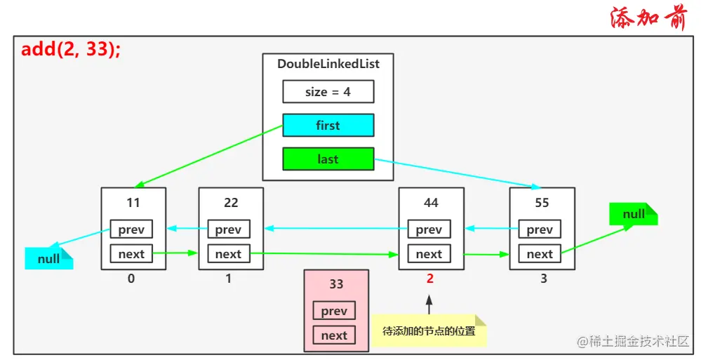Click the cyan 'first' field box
[x=328, y=126]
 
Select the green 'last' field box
[x=328, y=159]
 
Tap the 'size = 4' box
[x=328, y=92]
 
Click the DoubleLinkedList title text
[x=328, y=64]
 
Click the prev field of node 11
[x=131, y=229]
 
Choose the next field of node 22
[x=228, y=254]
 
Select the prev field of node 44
[x=429, y=229]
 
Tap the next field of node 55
[x=540, y=254]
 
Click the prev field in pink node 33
[x=334, y=311]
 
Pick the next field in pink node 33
[x=334, y=335]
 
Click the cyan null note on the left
[x=48, y=259]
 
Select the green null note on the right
[x=633, y=214]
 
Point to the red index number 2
[x=429, y=279]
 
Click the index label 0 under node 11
[x=131, y=279]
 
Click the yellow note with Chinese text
[x=429, y=331]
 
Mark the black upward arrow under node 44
[x=429, y=305]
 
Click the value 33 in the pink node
[x=336, y=284]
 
